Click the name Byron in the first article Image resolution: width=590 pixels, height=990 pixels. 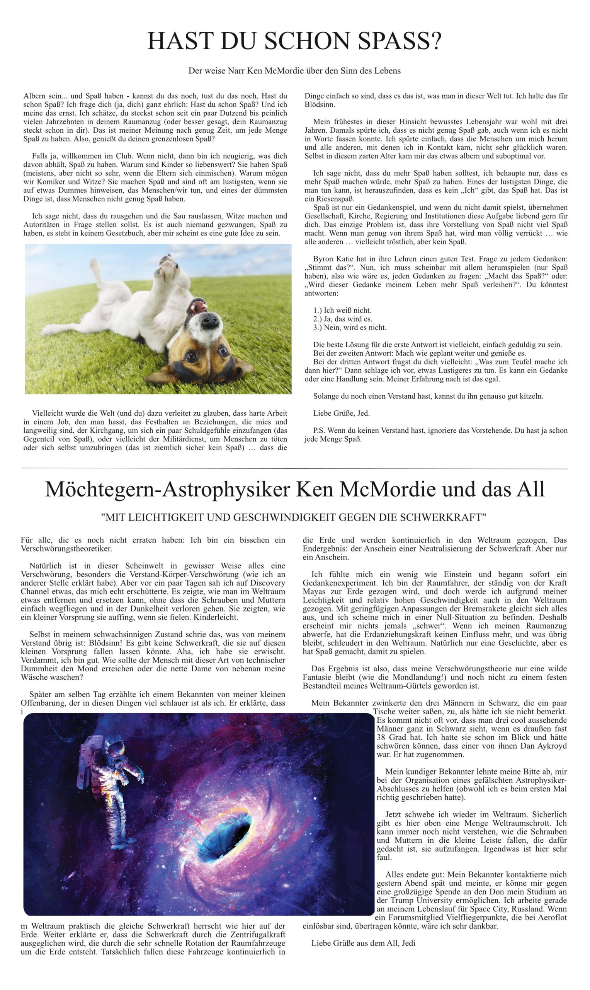[323, 259]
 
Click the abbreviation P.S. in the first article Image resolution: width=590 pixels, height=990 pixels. [319, 430]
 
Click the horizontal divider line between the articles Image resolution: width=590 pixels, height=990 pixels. [294, 469]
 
